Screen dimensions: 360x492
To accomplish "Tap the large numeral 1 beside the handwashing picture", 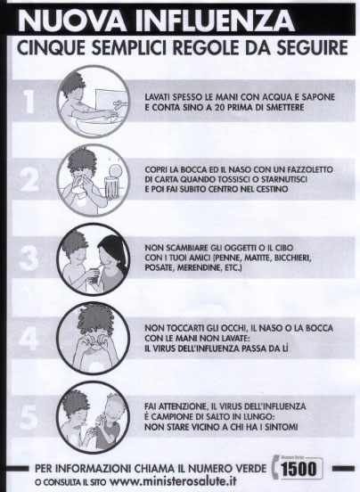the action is pyautogui.click(x=29, y=102).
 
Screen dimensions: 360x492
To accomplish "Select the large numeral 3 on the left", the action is pyautogui.click(x=29, y=258).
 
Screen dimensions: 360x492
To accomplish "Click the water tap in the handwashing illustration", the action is pyautogui.click(x=120, y=102).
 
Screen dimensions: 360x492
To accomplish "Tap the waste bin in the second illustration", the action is pyautogui.click(x=112, y=187).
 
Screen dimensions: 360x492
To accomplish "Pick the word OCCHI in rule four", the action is pyautogui.click(x=233, y=328).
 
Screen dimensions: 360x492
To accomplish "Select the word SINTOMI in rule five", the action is pyautogui.click(x=281, y=427).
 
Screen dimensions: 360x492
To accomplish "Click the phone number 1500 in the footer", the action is pyautogui.click(x=299, y=469).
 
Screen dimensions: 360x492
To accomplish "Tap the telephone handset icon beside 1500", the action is pyautogui.click(x=275, y=467).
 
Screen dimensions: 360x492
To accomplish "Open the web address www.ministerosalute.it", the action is pyautogui.click(x=173, y=481).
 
